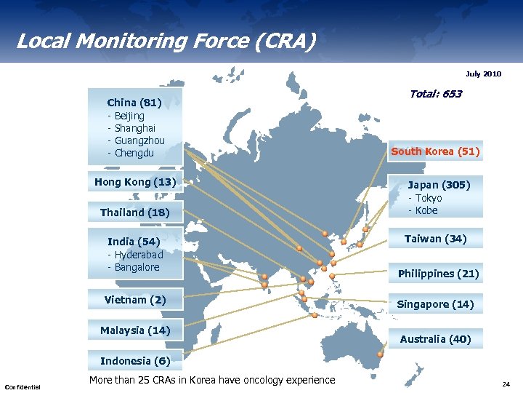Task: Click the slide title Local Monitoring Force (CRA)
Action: tap(166, 41)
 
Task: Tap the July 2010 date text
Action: tap(483, 74)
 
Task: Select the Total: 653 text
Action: tap(435, 94)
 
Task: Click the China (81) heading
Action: tap(134, 103)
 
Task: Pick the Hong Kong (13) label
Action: tap(135, 182)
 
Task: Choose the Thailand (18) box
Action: tap(135, 213)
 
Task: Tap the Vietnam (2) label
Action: tap(135, 300)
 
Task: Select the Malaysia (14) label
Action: tap(135, 330)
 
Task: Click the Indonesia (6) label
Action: tap(135, 361)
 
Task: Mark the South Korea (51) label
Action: tap(435, 151)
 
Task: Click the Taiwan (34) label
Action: tap(435, 239)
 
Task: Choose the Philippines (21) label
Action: tap(438, 274)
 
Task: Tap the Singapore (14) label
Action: tap(435, 304)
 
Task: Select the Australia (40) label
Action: tap(435, 339)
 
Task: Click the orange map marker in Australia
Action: tap(380, 354)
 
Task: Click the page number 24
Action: tap(506, 384)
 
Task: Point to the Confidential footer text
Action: tap(23, 386)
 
